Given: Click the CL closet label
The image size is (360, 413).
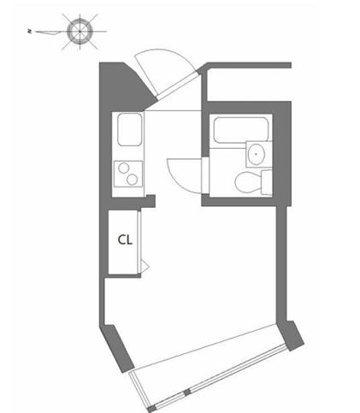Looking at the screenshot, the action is [125, 239].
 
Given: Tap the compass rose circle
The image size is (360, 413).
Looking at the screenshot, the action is [80, 32].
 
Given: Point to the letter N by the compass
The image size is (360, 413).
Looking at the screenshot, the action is [29, 32].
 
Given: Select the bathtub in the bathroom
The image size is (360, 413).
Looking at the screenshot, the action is [241, 130].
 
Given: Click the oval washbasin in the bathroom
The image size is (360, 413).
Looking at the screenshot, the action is [256, 154].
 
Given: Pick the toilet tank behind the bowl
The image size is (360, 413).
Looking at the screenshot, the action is [267, 182].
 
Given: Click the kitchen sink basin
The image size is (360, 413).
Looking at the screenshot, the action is [130, 130].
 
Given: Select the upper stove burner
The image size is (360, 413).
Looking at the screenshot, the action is [123, 168].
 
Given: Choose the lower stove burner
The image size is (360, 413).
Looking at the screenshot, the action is [133, 180].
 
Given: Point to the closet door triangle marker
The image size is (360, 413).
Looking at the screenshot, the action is [145, 267].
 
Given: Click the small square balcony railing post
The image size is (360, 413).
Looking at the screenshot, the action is [187, 392].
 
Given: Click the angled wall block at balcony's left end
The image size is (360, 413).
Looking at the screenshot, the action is [118, 348].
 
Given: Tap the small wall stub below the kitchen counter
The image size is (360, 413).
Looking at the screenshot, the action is [150, 201].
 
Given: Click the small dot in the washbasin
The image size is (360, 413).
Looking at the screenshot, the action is [256, 154].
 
